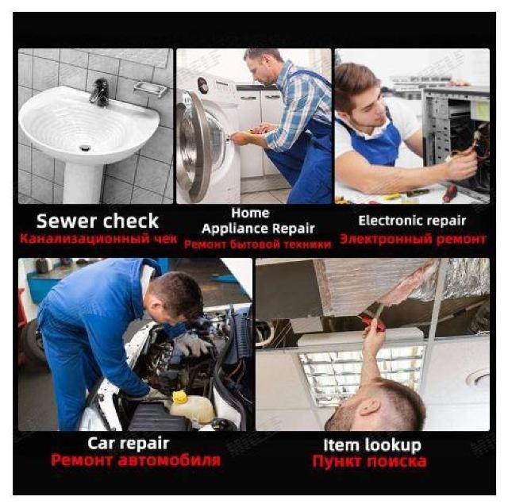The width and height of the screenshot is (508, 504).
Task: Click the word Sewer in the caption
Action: point(67,221)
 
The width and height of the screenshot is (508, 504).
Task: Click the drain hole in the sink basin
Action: point(85,148)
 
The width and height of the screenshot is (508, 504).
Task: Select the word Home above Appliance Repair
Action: point(250,214)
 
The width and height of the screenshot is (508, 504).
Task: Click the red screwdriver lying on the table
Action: point(450,194)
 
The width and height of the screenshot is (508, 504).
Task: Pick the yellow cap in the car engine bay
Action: point(180,397)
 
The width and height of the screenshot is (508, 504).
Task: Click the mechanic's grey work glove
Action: point(192,344)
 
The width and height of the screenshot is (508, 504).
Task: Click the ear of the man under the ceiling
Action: point(370,407)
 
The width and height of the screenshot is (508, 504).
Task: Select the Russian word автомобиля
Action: point(169,460)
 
